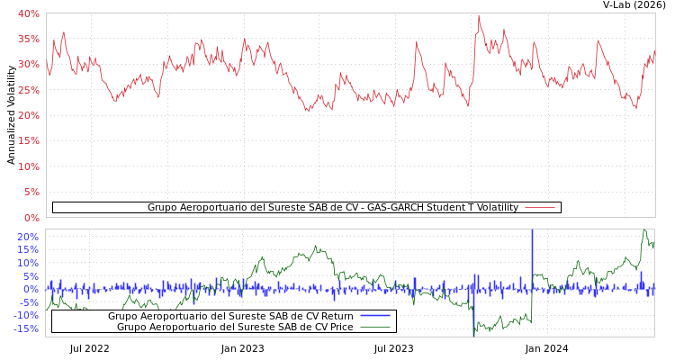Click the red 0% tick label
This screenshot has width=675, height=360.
pyautogui.click(x=31, y=218)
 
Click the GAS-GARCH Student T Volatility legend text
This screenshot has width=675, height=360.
pyautogui.click(x=333, y=208)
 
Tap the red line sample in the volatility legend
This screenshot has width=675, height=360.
pyautogui.click(x=540, y=208)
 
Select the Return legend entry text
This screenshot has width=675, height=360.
pyautogui.click(x=230, y=316)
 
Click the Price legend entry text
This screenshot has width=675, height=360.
pyautogui.click(x=235, y=327)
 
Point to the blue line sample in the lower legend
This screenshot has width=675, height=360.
pyautogui.click(x=375, y=316)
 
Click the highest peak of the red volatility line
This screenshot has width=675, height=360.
pyautogui.click(x=479, y=15)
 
